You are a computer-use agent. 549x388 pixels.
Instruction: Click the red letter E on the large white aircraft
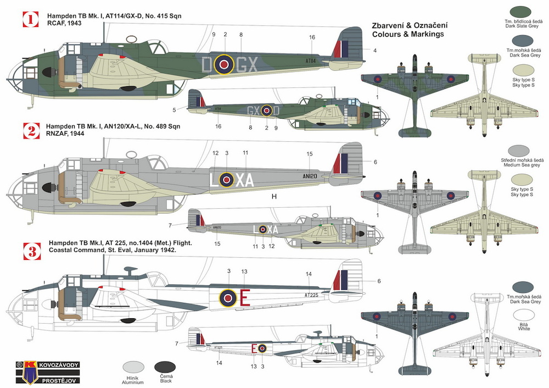click(245, 298)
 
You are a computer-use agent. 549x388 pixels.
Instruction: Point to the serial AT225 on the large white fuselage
click(312, 295)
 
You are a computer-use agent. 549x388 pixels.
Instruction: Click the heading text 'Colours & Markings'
click(406, 34)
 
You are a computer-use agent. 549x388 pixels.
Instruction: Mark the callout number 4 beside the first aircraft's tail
click(375, 51)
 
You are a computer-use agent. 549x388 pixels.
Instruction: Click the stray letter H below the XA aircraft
click(273, 196)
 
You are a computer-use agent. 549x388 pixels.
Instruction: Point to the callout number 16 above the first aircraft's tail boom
click(312, 37)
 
